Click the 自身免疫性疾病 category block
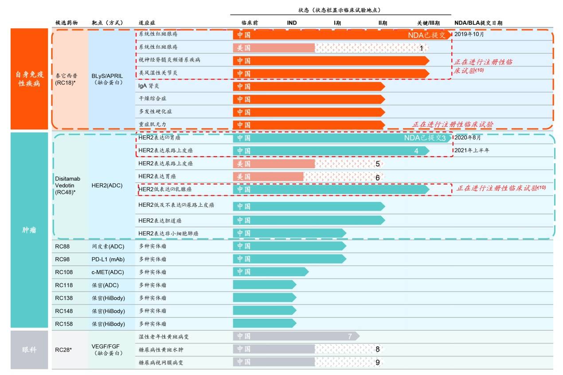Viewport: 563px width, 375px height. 29,79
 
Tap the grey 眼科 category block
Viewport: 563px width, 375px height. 29,350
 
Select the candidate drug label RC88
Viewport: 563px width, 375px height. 63,246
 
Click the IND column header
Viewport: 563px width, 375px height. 292,23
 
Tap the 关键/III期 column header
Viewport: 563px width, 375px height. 428,23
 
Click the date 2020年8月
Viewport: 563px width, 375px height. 468,138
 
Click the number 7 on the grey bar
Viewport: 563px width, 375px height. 350,336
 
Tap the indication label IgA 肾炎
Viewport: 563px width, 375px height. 152,86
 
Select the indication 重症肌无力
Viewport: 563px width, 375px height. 152,124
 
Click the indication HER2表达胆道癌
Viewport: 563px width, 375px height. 160,220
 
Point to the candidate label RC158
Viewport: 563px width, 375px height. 64,324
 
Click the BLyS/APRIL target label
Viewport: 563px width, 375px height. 107,76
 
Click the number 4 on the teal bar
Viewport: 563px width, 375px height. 416,151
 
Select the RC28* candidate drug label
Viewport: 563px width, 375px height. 63,350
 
